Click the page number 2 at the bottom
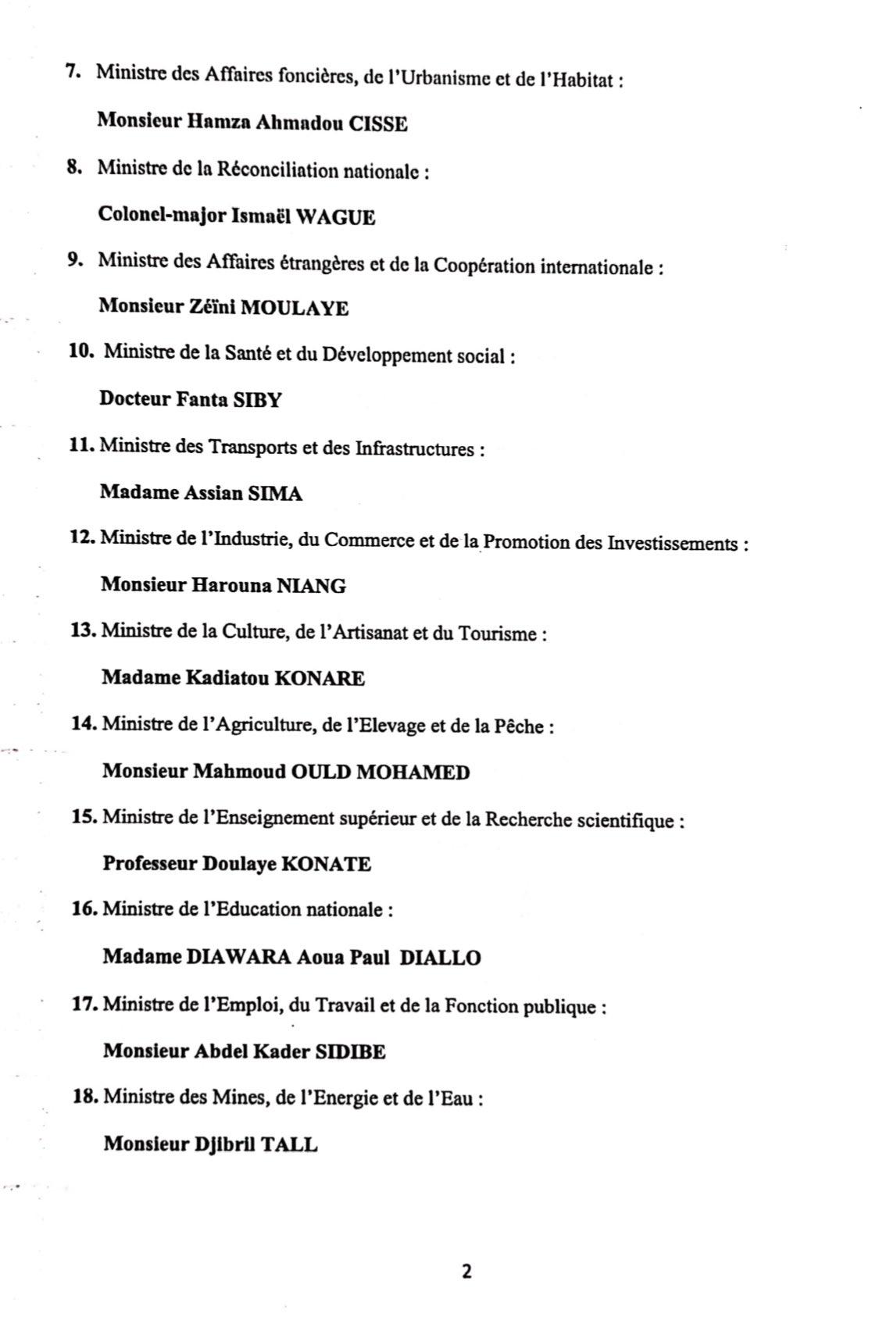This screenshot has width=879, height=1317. click(466, 1272)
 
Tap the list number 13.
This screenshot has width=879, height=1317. click(83, 630)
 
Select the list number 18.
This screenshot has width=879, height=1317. click(85, 1097)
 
